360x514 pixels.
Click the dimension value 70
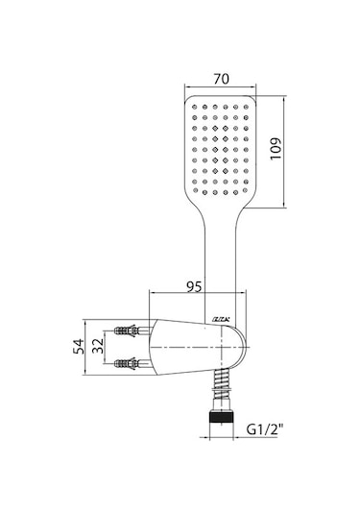point(222,79)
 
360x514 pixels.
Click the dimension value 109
point(276,149)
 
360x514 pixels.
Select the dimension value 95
point(194,287)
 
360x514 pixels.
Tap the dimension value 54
point(79,347)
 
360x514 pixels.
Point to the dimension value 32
point(98,346)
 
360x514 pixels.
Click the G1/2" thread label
point(265,429)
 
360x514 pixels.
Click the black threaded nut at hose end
point(221,418)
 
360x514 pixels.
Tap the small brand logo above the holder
point(222,319)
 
